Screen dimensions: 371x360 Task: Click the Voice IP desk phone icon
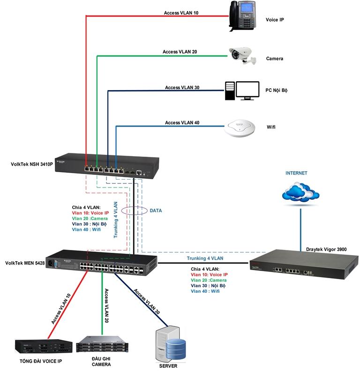[242, 16]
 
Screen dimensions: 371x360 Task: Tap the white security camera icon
[242, 56]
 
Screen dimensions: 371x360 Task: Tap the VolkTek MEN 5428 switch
[103, 266]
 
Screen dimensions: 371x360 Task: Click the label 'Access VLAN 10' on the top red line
[181, 13]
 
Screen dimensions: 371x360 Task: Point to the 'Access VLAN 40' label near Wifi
[182, 122]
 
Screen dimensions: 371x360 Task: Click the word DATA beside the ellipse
[156, 211]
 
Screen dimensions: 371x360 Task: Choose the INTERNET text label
[296, 173]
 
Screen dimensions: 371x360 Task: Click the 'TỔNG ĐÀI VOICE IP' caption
[41, 362]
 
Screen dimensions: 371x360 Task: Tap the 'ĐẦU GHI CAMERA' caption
[101, 361]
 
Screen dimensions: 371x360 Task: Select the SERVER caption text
[168, 366]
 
